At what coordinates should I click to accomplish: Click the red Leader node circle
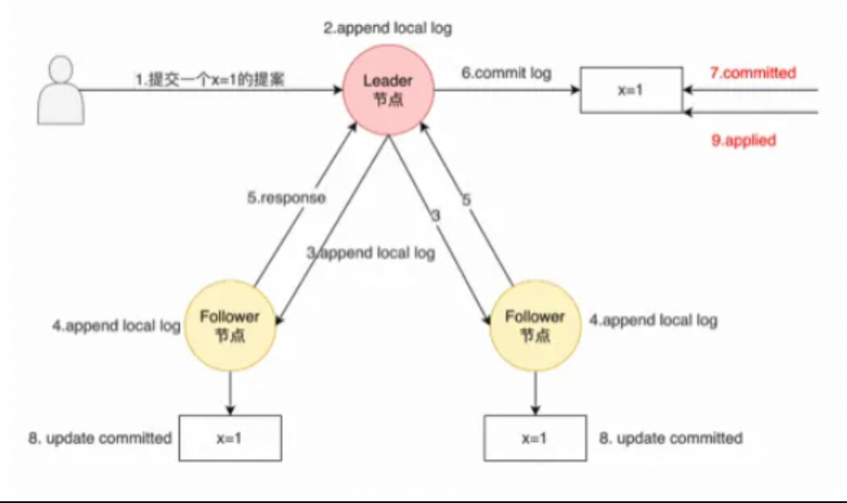388,89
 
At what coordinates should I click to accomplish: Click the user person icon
60,90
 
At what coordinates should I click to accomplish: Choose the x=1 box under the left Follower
231,438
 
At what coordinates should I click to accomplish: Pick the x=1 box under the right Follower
535,438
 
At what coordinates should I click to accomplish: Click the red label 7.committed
753,73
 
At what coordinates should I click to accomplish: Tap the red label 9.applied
743,140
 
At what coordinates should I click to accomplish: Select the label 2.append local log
388,28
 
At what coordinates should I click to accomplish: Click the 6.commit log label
506,73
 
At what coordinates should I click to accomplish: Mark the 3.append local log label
370,253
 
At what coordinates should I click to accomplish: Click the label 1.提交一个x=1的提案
209,79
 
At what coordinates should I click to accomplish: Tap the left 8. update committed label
100,438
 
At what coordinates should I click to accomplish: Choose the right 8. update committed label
671,438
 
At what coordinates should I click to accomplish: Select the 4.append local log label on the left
115,327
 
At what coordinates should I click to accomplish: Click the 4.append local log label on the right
653,320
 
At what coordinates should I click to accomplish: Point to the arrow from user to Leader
210,90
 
